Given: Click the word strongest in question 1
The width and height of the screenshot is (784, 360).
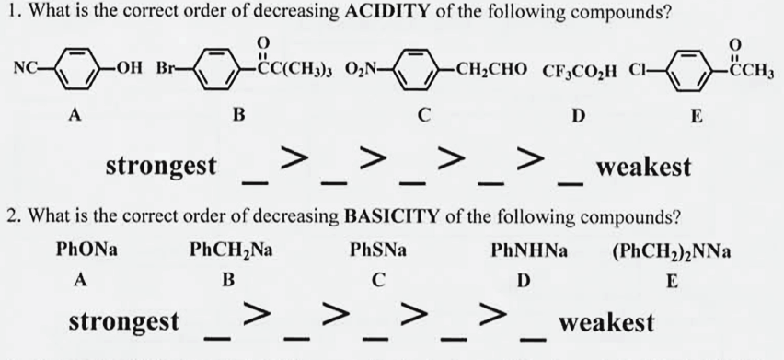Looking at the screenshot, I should click(162, 167).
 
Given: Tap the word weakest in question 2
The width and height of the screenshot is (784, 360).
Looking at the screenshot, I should click(607, 322).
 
